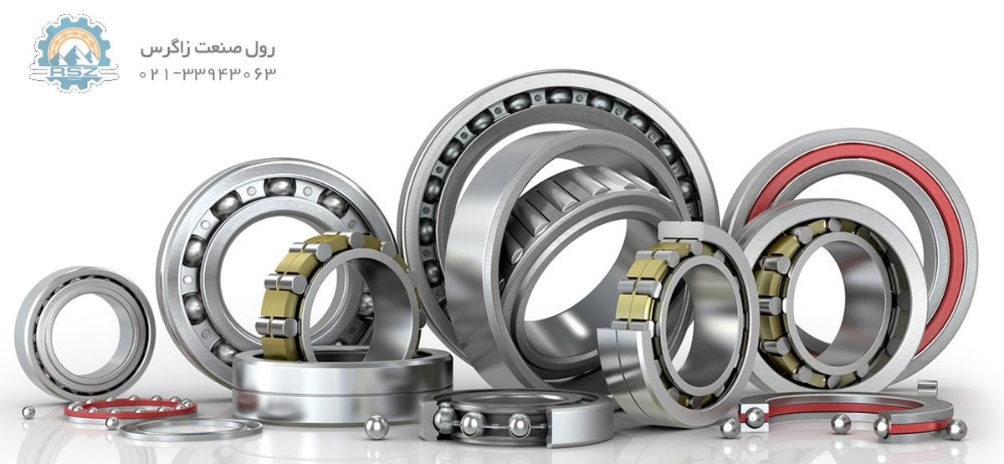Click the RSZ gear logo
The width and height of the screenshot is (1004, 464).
point(74,53)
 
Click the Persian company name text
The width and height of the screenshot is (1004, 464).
point(207,48)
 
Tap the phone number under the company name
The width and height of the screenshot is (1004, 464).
point(207,74)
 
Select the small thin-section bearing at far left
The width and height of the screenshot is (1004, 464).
point(84,334)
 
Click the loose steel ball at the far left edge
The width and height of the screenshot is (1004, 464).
point(28,412)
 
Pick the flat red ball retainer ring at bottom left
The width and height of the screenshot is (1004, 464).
point(130,408)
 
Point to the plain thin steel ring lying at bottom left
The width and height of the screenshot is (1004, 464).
point(191,431)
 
